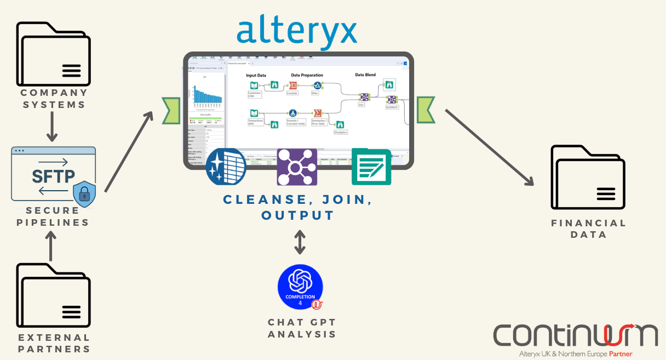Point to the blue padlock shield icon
(x=84, y=194)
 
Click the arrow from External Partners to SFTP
(x=51, y=245)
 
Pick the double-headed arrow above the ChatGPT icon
(x=300, y=242)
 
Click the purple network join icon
(x=297, y=167)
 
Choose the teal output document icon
(x=371, y=167)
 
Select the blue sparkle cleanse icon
(x=226, y=167)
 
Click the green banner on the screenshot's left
(x=171, y=110)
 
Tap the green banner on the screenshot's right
(x=426, y=110)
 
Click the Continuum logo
(x=575, y=335)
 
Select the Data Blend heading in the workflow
(x=365, y=75)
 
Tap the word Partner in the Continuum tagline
(x=621, y=354)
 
